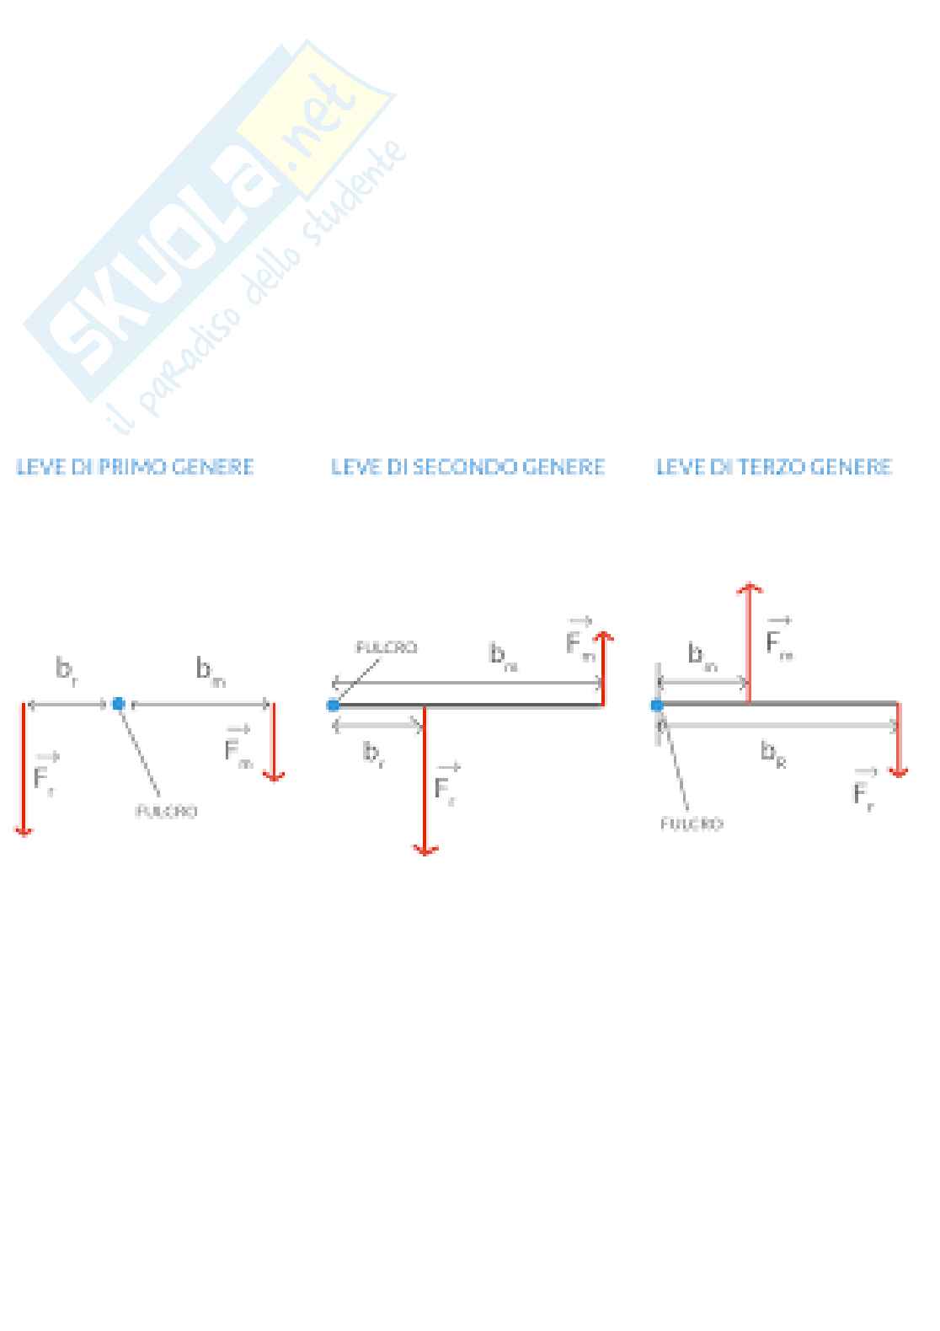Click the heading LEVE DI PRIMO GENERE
135,467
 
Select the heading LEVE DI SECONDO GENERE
467,467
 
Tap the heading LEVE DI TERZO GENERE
773,467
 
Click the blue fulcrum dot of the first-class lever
119,704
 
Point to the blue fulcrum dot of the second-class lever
334,705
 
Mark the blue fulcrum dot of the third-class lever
657,705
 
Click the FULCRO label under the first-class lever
166,812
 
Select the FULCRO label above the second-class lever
386,648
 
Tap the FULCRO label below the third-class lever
691,824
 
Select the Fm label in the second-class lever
580,642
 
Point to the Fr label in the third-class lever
864,790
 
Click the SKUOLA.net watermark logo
211,219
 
